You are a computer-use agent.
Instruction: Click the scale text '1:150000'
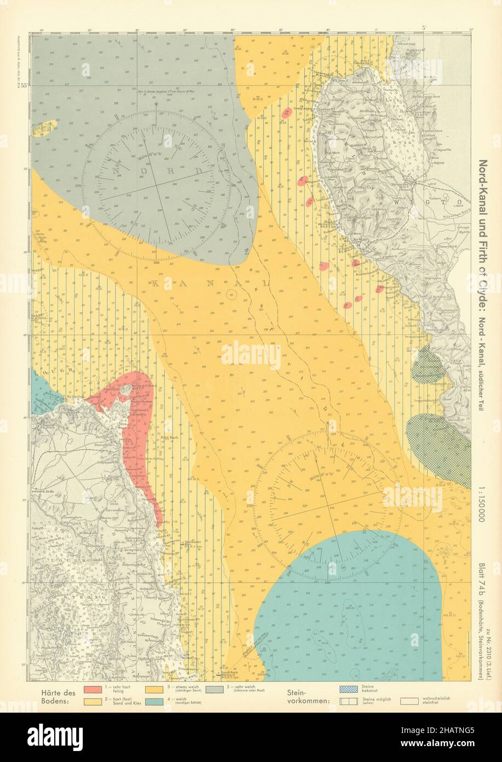pos(482,502)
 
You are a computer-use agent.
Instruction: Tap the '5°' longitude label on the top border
pos(424,27)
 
